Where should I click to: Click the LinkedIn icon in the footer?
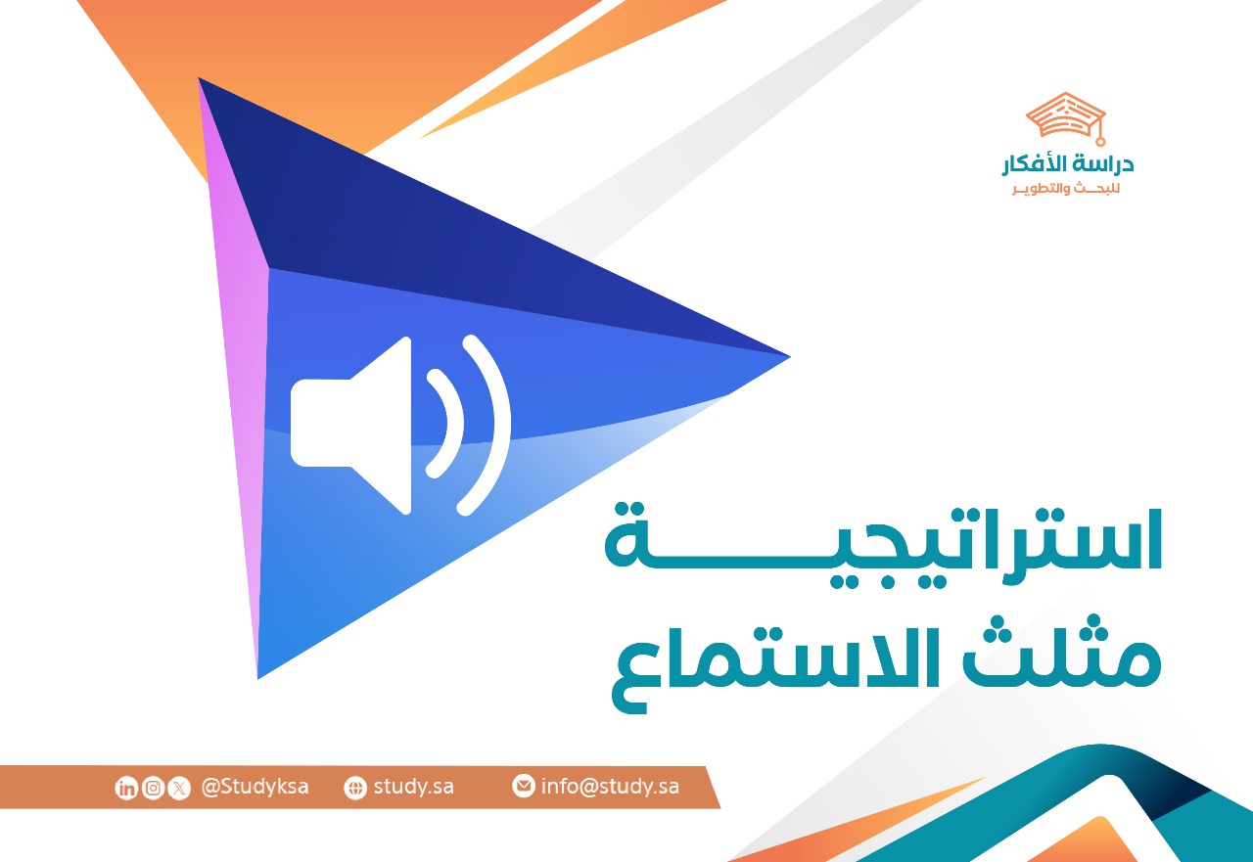[x=126, y=788]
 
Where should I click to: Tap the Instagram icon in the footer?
[x=153, y=788]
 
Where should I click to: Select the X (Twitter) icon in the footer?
[x=179, y=788]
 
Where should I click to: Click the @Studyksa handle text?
[x=255, y=787]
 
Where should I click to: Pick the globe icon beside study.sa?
[x=355, y=788]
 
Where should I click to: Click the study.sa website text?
[x=413, y=787]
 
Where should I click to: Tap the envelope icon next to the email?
[x=524, y=786]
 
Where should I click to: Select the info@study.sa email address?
[x=610, y=787]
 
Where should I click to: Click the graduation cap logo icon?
[x=1066, y=116]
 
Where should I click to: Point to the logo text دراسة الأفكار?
[x=1068, y=165]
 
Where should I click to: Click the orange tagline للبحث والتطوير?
[x=1066, y=188]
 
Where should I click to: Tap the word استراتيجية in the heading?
[x=883, y=537]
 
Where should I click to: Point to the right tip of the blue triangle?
[x=783, y=356]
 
